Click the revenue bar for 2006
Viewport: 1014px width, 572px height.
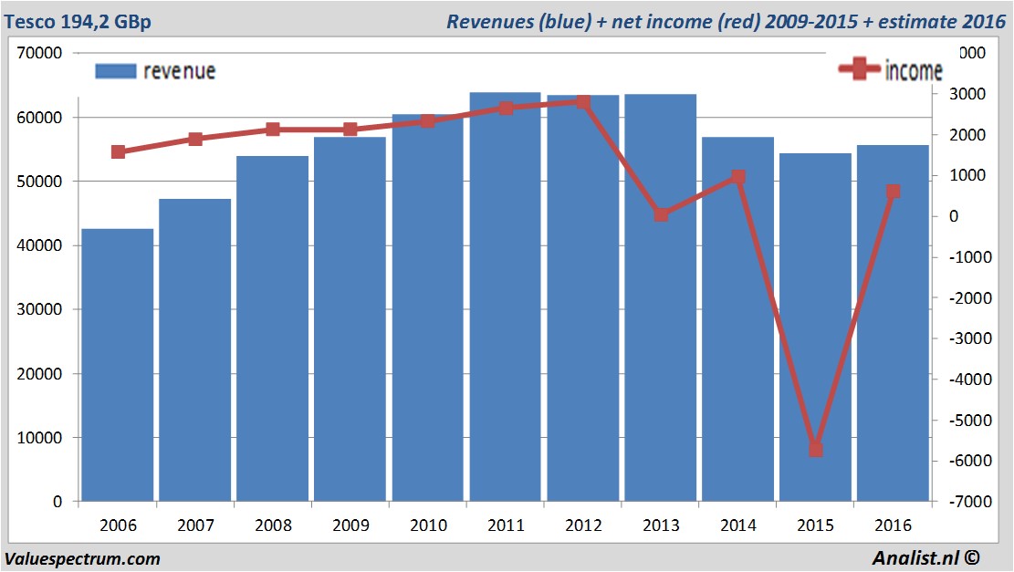click(x=118, y=365)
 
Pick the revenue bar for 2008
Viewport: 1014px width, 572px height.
click(x=273, y=328)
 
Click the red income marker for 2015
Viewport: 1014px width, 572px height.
click(x=816, y=449)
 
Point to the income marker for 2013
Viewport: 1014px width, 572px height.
click(x=661, y=214)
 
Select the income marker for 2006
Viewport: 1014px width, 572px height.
click(x=118, y=151)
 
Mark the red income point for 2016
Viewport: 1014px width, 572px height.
click(x=894, y=192)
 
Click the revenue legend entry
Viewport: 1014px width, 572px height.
click(x=156, y=71)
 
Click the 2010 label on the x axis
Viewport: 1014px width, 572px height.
click(x=428, y=525)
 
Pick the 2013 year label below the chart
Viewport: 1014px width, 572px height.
click(x=661, y=525)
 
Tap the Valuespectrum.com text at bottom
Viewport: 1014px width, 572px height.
click(x=82, y=558)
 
